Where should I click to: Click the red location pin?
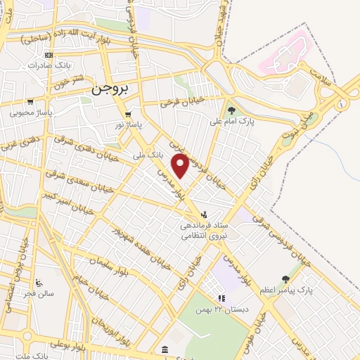[181, 166]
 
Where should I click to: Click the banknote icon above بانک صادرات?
[48, 55]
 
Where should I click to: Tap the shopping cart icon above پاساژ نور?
[127, 115]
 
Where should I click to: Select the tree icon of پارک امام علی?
[231, 110]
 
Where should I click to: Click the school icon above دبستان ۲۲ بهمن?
[221, 298]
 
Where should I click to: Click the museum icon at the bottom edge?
[164, 350]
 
